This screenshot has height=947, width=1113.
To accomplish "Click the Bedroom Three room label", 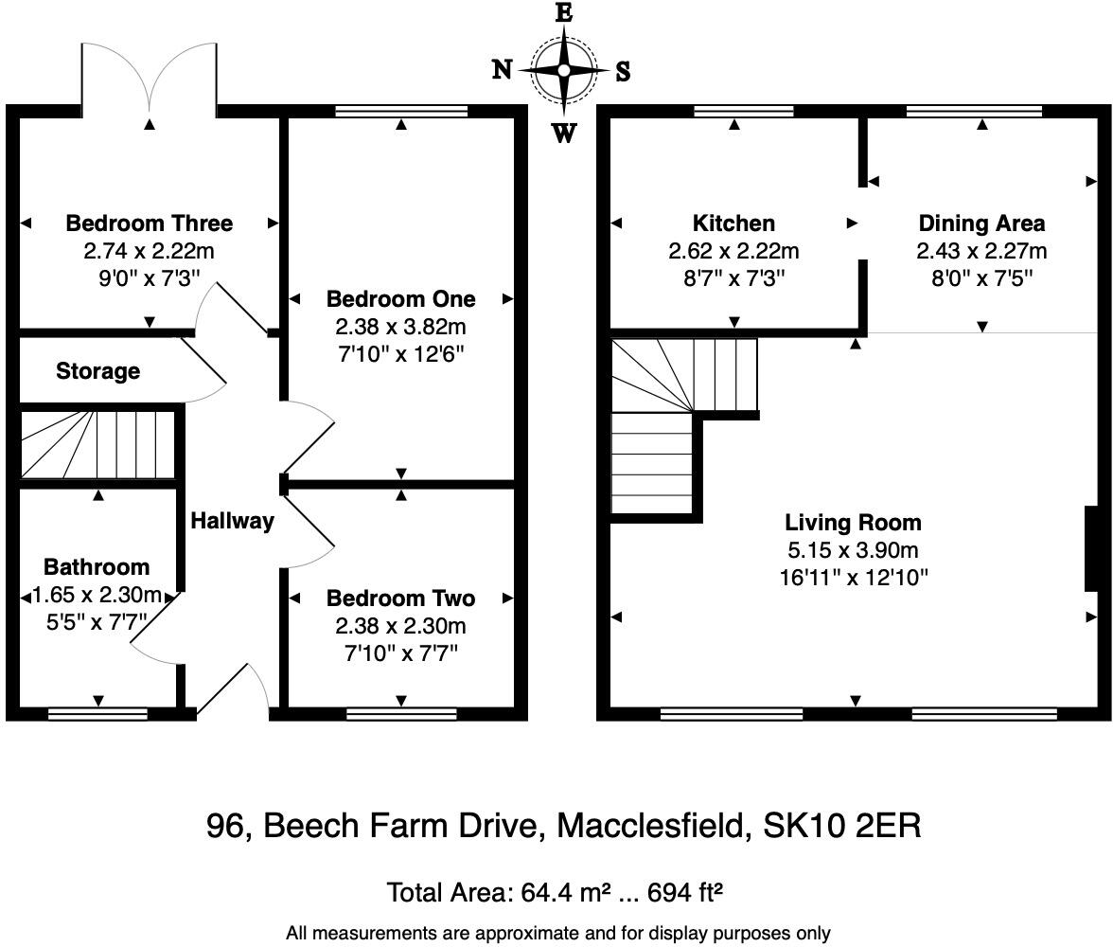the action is (150, 223).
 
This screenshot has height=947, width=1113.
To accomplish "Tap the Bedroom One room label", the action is (401, 299).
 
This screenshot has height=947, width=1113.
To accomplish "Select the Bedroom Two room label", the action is (401, 599).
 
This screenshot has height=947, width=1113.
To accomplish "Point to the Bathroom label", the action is (97, 567).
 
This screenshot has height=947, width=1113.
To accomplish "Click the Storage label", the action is (98, 371).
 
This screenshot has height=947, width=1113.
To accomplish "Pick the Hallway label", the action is (232, 521).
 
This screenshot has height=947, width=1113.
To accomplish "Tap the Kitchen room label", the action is (734, 223).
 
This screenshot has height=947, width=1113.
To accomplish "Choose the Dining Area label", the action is (981, 223).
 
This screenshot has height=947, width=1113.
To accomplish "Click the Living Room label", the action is (854, 523).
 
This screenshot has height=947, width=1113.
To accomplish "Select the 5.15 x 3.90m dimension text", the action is (854, 550).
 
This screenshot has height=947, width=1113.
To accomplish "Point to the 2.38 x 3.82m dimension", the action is (401, 327).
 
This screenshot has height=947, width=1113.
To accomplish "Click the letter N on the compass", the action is (502, 70).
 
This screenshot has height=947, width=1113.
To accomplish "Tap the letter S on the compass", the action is (623, 71).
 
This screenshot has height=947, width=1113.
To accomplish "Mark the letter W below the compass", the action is (564, 133).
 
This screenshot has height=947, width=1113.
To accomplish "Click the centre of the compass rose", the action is (564, 70).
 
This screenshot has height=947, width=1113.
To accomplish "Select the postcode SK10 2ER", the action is (842, 826).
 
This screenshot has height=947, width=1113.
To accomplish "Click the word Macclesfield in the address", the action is (652, 826).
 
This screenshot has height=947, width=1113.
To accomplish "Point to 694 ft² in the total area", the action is (685, 892).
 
